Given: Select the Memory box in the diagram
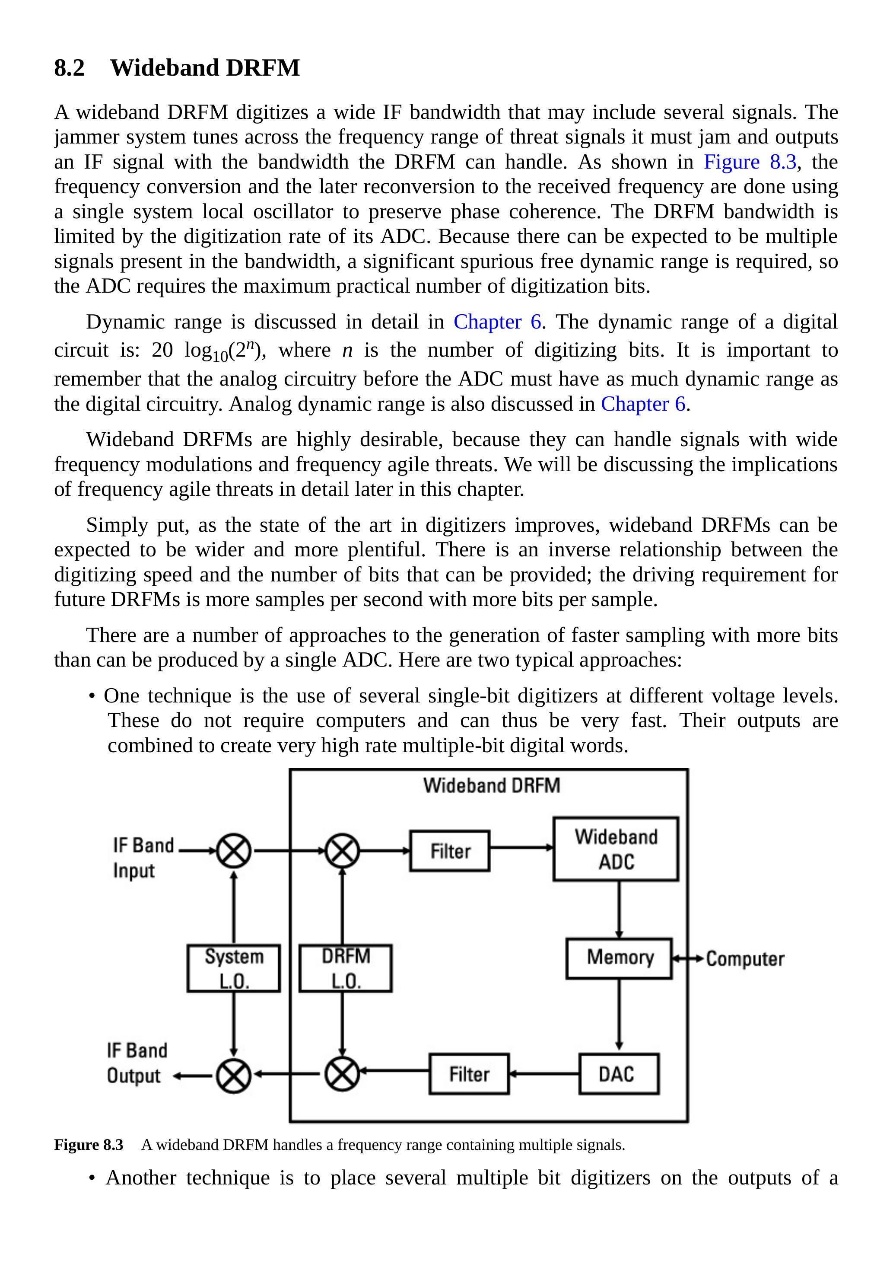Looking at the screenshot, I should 619,958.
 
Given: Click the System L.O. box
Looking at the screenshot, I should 234,968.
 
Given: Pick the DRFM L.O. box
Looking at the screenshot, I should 346,968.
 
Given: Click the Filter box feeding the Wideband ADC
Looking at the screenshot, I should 450,851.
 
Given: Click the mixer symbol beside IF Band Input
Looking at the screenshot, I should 234,851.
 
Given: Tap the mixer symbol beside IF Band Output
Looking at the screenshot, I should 234,1075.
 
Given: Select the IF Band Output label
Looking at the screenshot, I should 137,1063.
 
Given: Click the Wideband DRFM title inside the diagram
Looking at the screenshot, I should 491,785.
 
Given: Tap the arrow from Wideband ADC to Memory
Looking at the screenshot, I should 619,909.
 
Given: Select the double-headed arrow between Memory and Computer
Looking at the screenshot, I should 688,959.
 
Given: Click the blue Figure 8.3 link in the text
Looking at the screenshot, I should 750,162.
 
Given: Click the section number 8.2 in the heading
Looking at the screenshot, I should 69,68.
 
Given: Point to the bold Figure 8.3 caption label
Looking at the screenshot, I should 89,1145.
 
